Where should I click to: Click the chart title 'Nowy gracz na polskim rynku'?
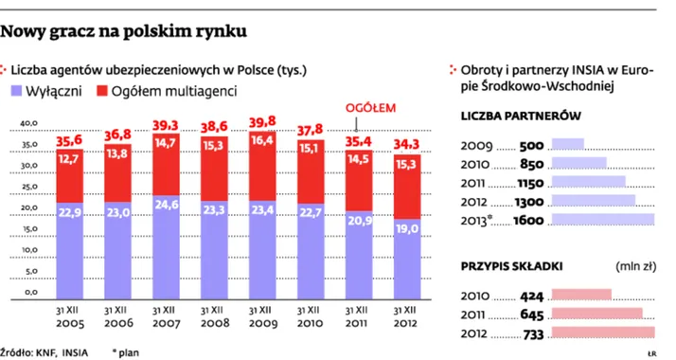tap(125, 31)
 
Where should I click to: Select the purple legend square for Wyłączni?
tap(17, 90)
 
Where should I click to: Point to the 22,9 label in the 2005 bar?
tap(68, 213)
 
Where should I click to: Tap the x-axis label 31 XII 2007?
tap(167, 314)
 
